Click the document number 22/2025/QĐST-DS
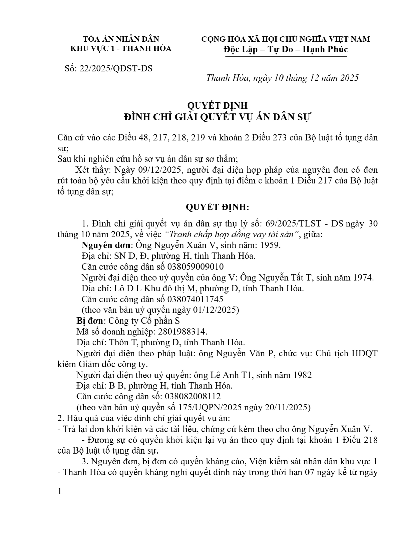click(x=116, y=68)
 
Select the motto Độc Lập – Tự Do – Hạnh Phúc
click(x=286, y=49)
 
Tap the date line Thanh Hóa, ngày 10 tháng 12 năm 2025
click(x=282, y=78)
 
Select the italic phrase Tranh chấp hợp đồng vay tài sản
click(x=232, y=234)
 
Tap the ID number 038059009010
click(x=195, y=267)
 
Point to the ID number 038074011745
click(x=195, y=299)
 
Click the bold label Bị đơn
click(x=90, y=321)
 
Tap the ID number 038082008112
click(x=193, y=396)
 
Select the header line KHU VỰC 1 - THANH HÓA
click(x=121, y=48)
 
